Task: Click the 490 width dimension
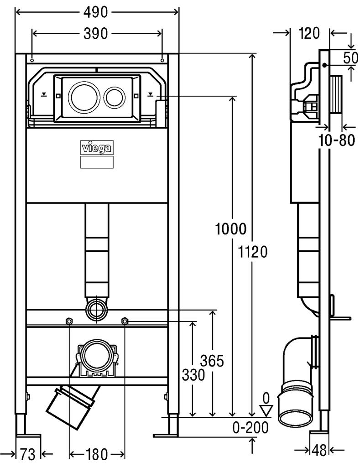point(95,12)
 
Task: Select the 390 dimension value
point(95,34)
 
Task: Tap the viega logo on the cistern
point(97,148)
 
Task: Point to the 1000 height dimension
point(231,229)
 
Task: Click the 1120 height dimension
point(252,252)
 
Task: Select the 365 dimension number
point(212,361)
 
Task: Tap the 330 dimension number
point(193,375)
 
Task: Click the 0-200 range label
point(250,428)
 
